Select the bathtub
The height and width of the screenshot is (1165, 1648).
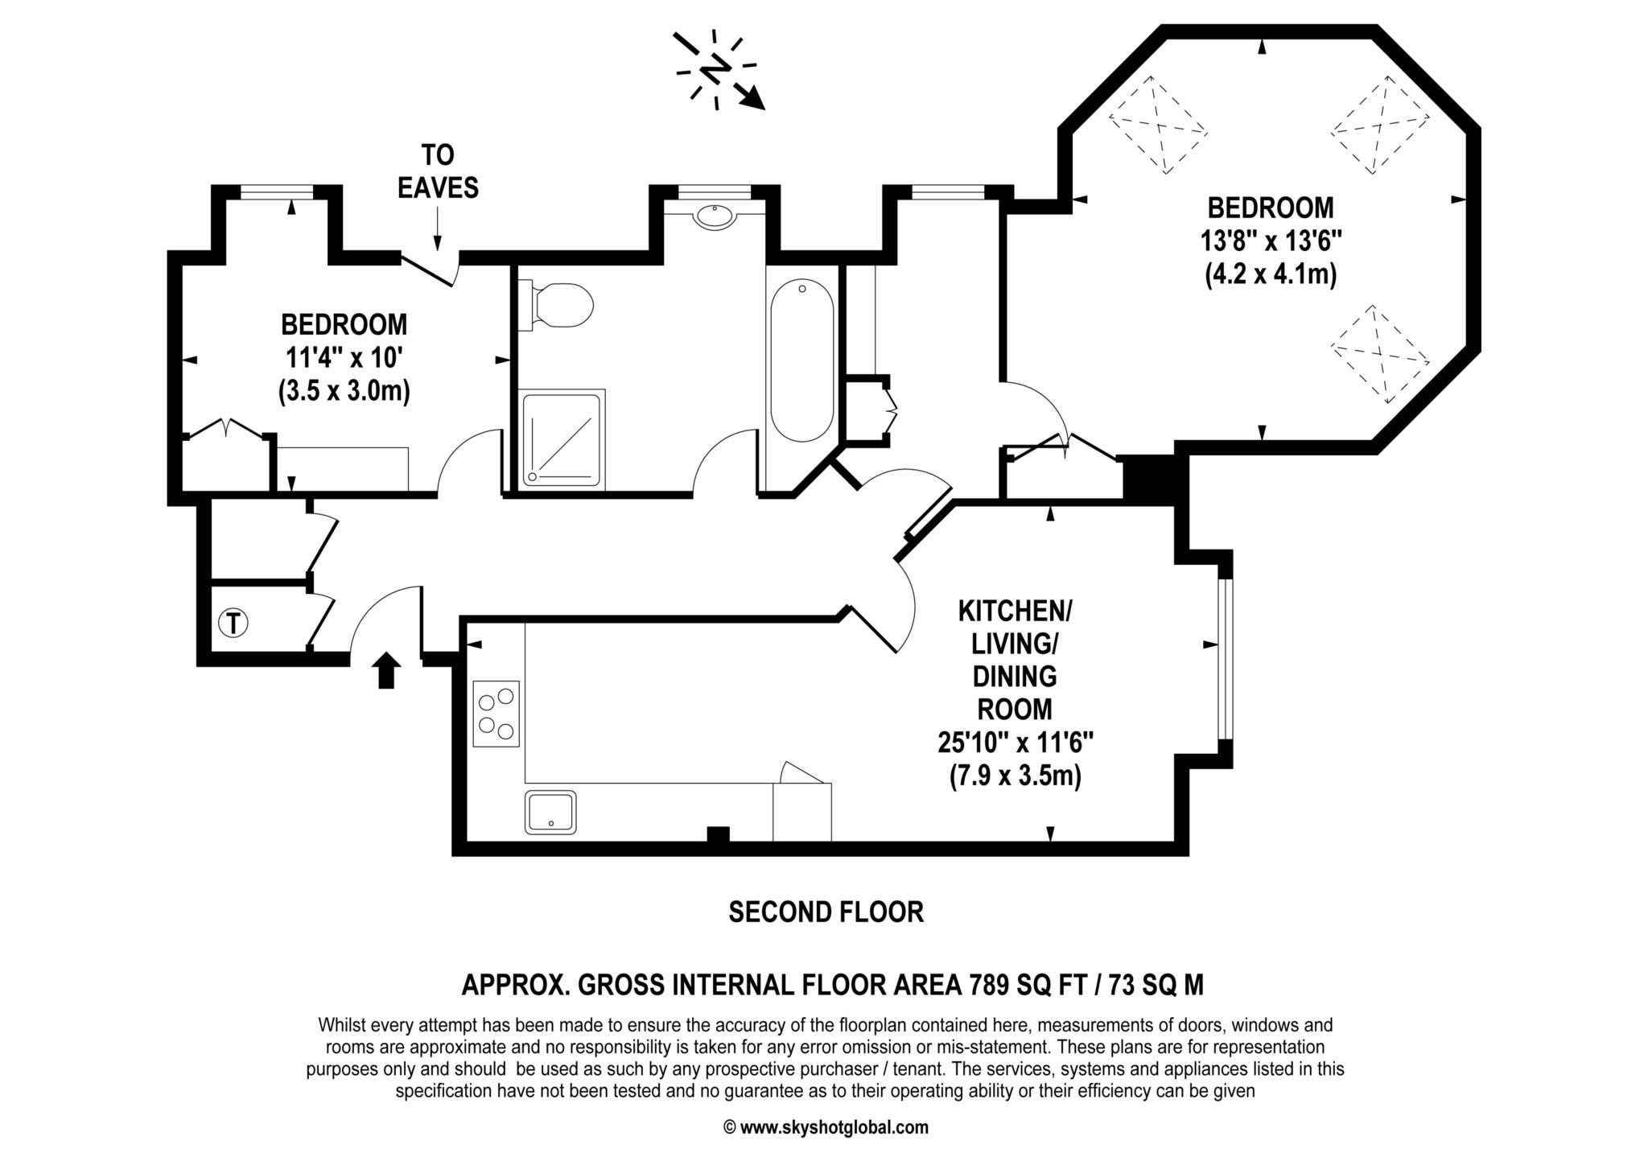[801, 360]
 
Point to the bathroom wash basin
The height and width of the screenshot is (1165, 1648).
[714, 216]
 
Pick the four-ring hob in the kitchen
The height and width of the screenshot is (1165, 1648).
[496, 714]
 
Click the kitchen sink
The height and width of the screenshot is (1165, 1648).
[551, 812]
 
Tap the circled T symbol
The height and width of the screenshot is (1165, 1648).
[233, 622]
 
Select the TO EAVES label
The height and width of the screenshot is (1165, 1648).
[438, 171]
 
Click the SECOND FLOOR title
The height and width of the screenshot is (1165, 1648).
[826, 912]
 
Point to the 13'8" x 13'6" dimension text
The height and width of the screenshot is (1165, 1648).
[1271, 241]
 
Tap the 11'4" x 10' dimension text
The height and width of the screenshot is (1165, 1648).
[344, 358]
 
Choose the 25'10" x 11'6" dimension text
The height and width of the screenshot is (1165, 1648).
[1016, 742]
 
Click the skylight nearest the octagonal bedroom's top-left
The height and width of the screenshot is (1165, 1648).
[1158, 124]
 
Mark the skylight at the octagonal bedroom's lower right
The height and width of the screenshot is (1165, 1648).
[1380, 353]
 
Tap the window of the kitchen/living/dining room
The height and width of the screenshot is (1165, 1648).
[1225, 658]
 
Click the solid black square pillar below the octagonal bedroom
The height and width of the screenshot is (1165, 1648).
[1150, 478]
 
